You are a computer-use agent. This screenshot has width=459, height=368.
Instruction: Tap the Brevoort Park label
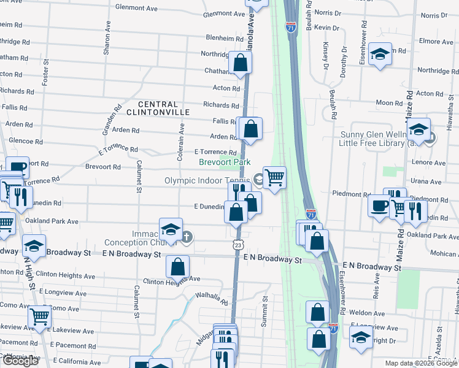(x=225, y=162)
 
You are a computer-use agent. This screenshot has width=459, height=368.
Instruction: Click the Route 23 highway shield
(x=237, y=244)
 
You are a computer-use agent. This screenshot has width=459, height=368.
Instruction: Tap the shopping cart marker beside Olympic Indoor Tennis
(x=275, y=177)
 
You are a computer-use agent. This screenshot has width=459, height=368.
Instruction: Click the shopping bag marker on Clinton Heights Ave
(x=177, y=266)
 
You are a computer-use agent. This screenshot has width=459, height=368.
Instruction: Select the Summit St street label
(x=265, y=312)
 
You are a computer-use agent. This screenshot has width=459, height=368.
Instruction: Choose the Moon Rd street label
(x=389, y=103)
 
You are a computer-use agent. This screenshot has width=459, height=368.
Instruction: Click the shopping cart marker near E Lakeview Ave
(x=39, y=317)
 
